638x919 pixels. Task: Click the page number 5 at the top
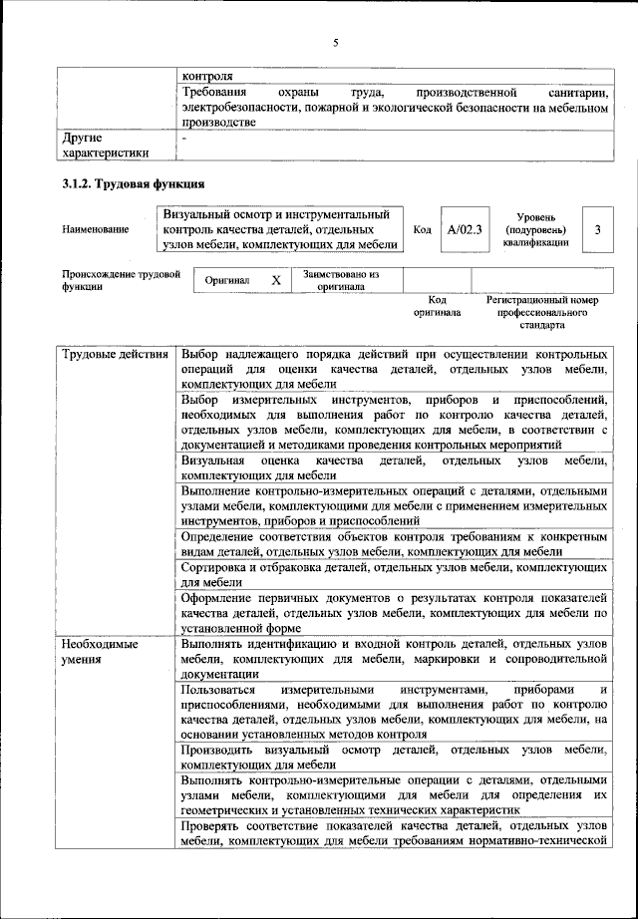tap(336, 42)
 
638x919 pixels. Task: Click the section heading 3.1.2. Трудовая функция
tap(134, 183)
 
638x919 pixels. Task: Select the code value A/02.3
tap(464, 230)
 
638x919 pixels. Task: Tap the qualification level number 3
tap(597, 230)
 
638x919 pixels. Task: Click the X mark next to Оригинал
tap(275, 281)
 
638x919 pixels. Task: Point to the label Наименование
tap(95, 230)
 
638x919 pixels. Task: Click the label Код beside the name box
tap(422, 230)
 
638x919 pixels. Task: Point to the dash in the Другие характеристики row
tap(184, 139)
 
